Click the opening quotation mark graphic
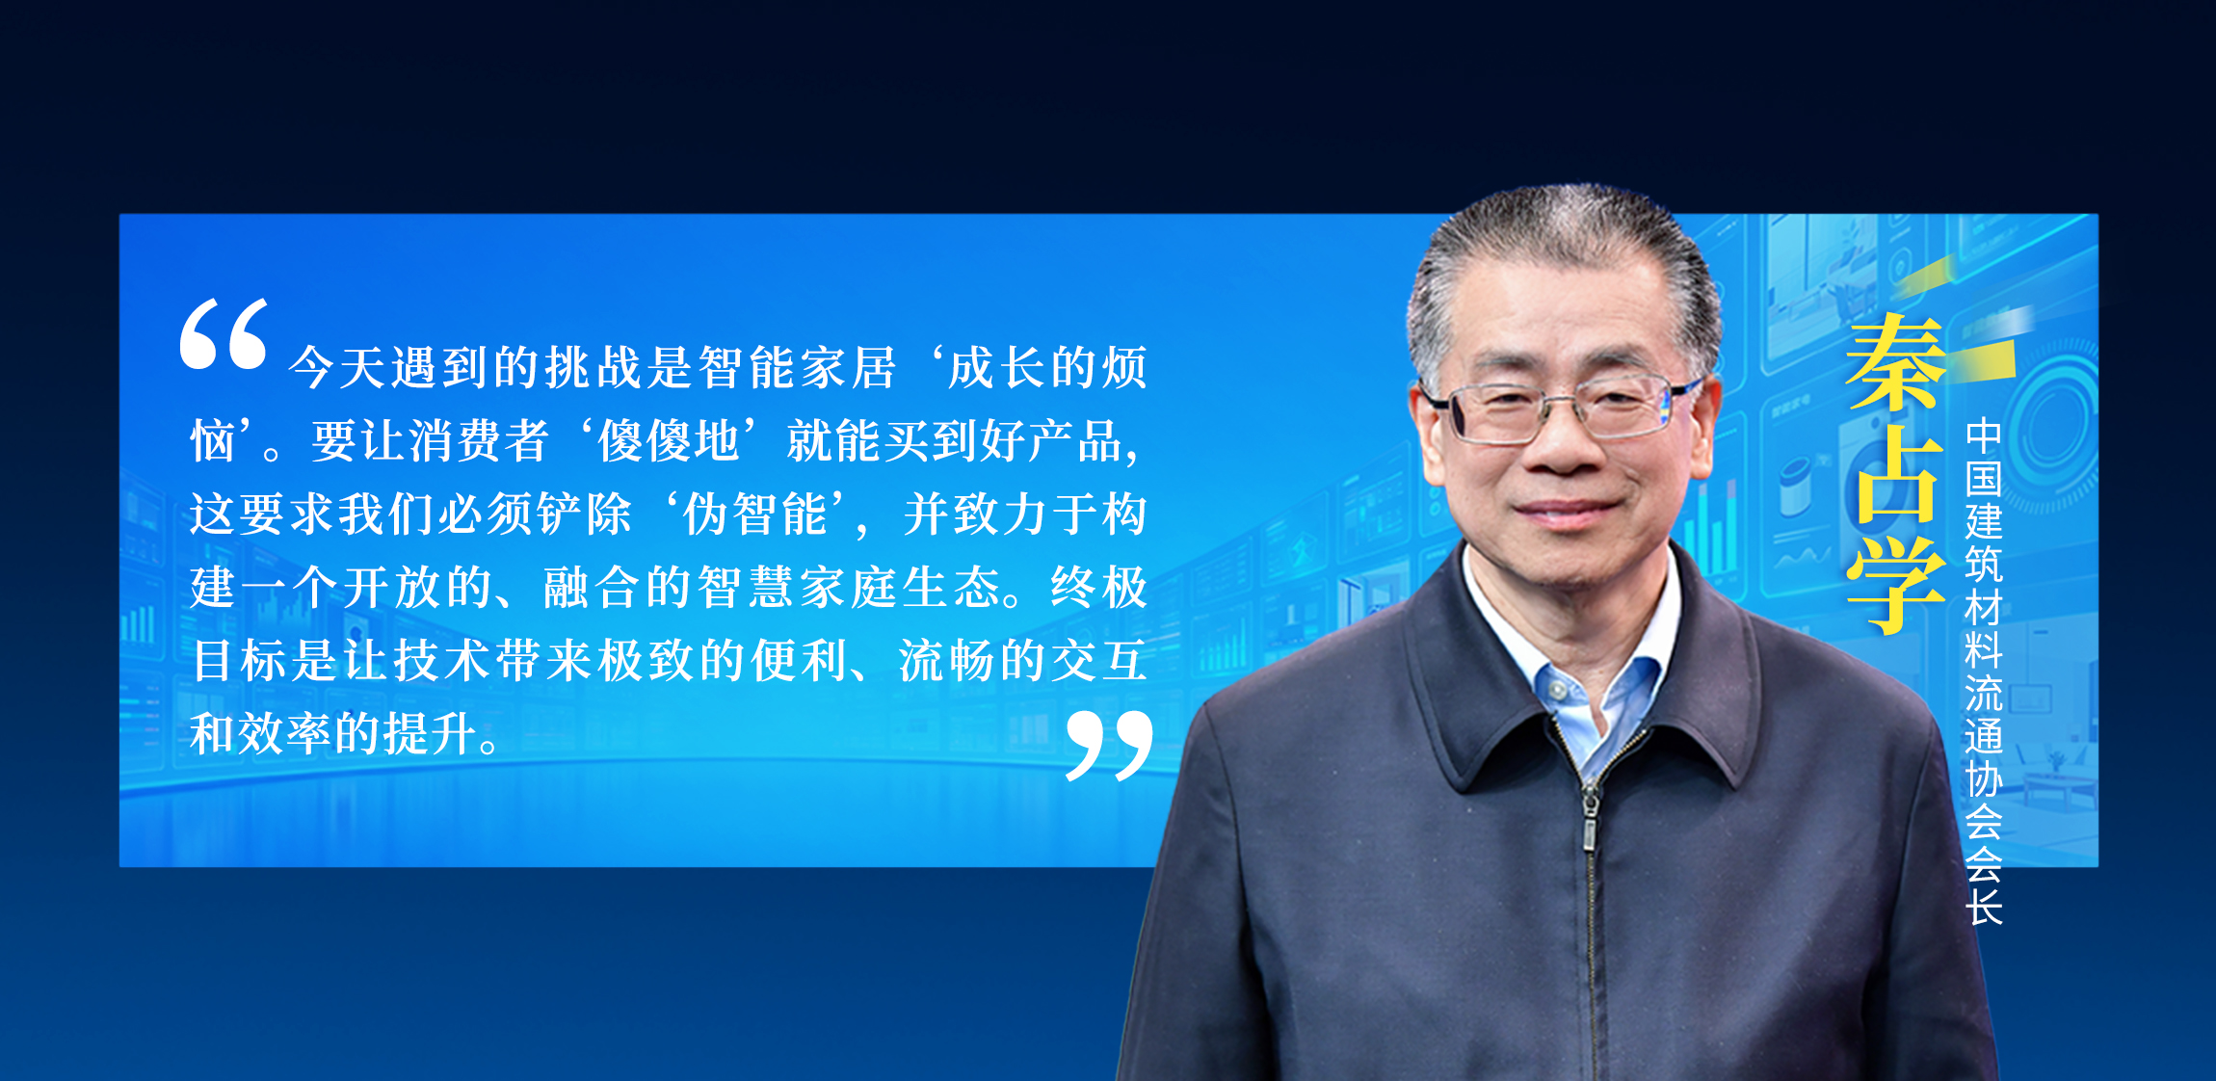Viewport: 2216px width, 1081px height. pos(224,333)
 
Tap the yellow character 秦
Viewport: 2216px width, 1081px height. pos(1895,363)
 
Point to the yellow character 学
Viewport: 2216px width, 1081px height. pos(1895,584)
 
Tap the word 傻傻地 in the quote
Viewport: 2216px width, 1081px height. pos(668,441)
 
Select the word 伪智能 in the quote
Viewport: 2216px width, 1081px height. pos(754,514)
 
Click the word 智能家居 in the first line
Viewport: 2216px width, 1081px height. pos(797,368)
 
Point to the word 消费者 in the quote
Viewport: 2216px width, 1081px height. pos(479,441)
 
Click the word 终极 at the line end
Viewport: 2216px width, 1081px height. pos(1099,588)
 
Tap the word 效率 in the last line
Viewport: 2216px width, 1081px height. pos(284,734)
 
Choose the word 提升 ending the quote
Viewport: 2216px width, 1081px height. pos(430,734)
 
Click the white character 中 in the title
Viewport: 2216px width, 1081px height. pos(1984,436)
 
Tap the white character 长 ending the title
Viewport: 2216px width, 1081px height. pos(1984,906)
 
